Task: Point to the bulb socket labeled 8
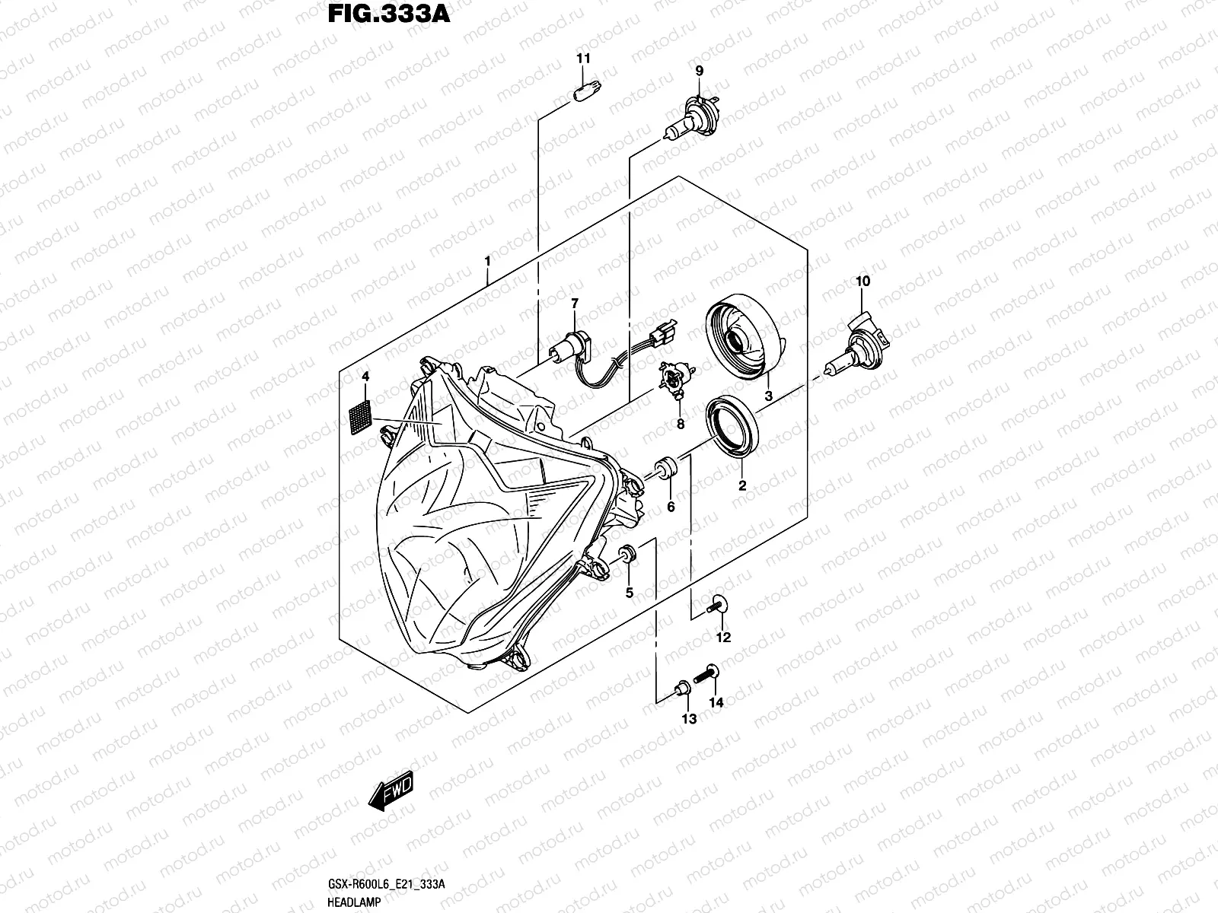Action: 674,380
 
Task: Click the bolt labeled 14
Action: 711,672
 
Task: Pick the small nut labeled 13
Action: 682,689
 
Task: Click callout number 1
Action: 486,262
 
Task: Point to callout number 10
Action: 862,282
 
